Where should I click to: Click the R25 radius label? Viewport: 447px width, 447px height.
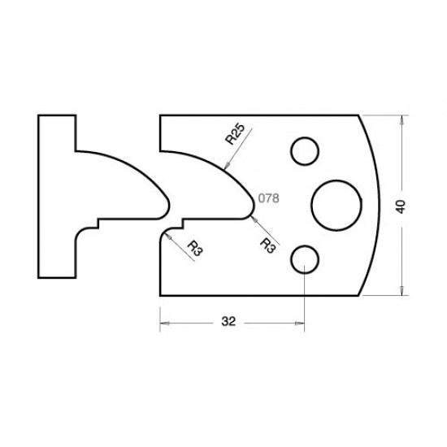(235, 132)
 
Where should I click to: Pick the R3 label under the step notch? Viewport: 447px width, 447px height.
(193, 247)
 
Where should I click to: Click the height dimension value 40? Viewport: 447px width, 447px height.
(399, 206)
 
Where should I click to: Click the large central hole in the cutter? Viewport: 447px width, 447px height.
(335, 204)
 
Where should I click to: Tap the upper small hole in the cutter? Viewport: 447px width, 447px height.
(304, 151)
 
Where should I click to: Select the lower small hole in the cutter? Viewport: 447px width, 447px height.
(304, 258)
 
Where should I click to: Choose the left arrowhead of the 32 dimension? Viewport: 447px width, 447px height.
(163, 323)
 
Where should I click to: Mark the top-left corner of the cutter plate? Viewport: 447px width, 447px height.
(160, 115)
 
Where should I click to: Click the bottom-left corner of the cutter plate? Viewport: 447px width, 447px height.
(160, 296)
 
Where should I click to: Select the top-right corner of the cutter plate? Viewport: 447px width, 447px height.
(358, 115)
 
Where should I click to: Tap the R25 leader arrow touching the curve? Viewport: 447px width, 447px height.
(225, 167)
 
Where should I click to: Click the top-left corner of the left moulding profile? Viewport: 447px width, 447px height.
(38, 115)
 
